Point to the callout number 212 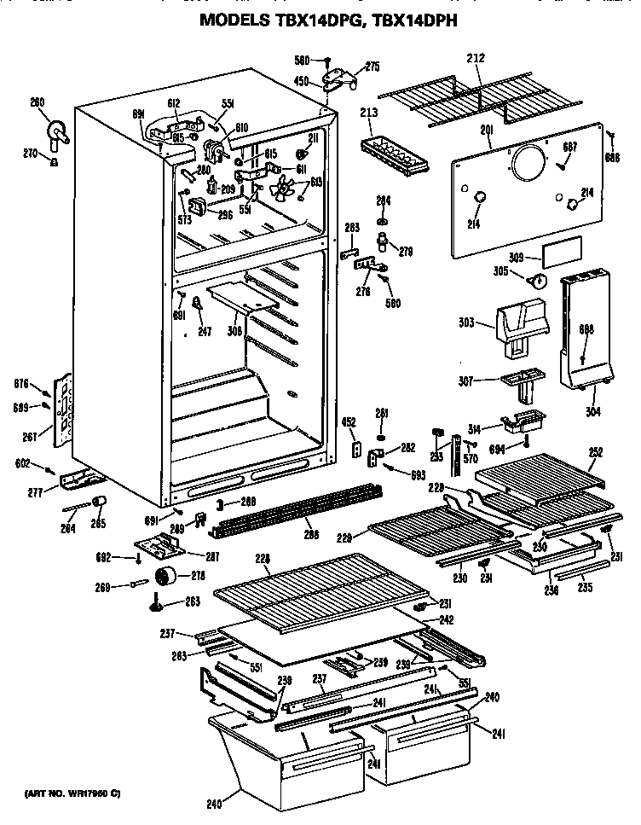476,60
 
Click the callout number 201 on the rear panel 487,129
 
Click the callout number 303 467,323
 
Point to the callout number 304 593,411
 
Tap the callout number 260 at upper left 38,104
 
